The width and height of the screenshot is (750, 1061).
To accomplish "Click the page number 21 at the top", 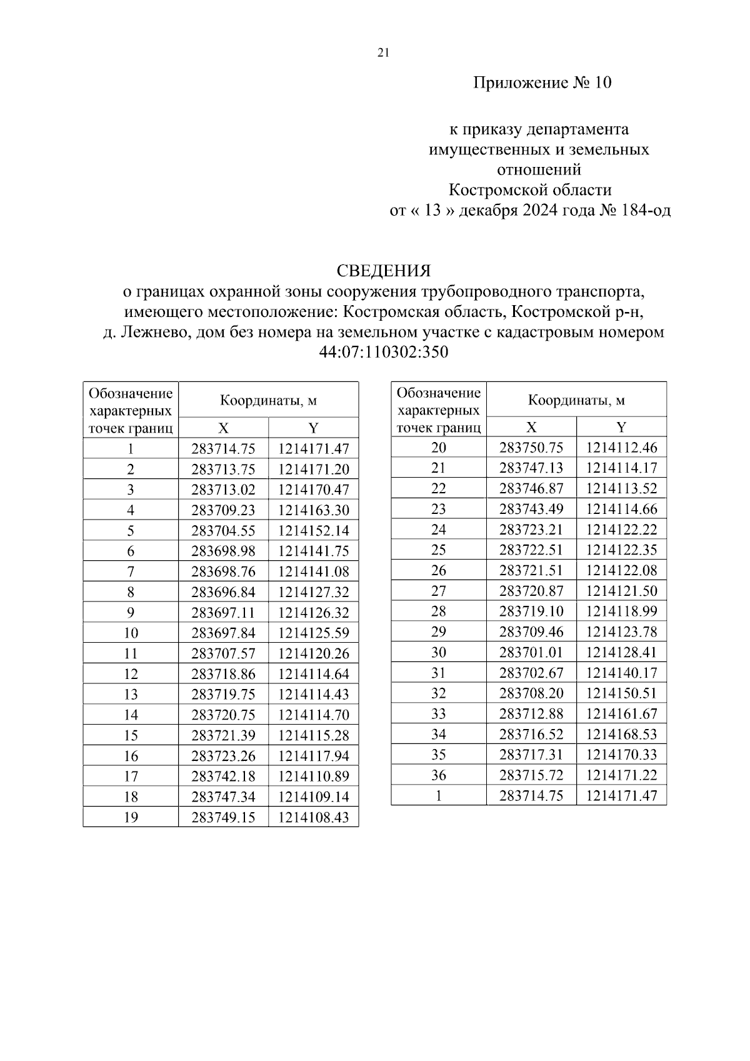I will click(383, 53).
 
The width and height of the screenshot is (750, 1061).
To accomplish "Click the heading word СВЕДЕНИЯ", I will click(384, 271).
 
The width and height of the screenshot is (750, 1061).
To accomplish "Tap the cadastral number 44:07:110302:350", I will click(384, 352).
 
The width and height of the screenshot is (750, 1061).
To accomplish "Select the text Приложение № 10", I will click(542, 83).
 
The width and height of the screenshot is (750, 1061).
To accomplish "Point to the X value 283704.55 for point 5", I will click(223, 531).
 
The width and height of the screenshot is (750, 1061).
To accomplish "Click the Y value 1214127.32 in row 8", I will click(314, 592).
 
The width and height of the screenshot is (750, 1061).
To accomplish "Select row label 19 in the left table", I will click(131, 817).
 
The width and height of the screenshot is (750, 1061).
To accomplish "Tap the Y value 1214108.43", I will click(314, 817).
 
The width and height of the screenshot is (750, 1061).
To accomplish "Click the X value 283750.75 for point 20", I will click(531, 448).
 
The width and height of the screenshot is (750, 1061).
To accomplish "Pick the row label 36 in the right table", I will click(439, 775).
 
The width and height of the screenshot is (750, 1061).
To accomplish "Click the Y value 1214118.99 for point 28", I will click(621, 611).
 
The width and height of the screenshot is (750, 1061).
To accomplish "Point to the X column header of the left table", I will click(223, 428).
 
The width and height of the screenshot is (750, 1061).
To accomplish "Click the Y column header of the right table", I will click(621, 427).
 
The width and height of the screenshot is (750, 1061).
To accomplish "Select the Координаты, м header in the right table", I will click(576, 400).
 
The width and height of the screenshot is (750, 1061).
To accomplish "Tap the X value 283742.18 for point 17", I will click(223, 777).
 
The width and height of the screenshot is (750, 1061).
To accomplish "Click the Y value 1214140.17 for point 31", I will click(621, 673).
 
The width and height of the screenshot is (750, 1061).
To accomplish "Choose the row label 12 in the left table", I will click(131, 674).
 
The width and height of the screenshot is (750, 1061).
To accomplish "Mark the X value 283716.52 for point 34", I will click(531, 734).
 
